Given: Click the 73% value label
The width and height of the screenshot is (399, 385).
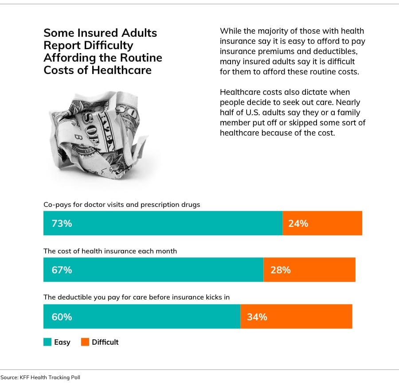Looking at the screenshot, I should tap(62, 223).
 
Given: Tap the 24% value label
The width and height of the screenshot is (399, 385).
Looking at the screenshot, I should tap(298, 223).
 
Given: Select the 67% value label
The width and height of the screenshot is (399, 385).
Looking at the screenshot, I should tap(62, 270).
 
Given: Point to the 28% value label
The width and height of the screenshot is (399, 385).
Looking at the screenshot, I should tap(280, 270).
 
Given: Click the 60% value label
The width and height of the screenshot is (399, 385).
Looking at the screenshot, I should tap(62, 317).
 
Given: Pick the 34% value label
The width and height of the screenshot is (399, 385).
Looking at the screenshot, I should tap(257, 317).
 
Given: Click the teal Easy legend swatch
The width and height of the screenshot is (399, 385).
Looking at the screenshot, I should tap(47, 342).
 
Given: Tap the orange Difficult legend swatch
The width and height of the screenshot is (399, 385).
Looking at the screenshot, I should tap(85, 342).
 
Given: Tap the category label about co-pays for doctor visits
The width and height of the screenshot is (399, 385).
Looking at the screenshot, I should tap(121, 205).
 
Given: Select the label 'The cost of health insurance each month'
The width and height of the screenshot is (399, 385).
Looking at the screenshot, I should tap(110, 251).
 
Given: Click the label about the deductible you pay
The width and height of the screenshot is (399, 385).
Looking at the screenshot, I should tap(136, 297).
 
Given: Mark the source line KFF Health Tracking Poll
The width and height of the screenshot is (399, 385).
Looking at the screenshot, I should tap(40, 377).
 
